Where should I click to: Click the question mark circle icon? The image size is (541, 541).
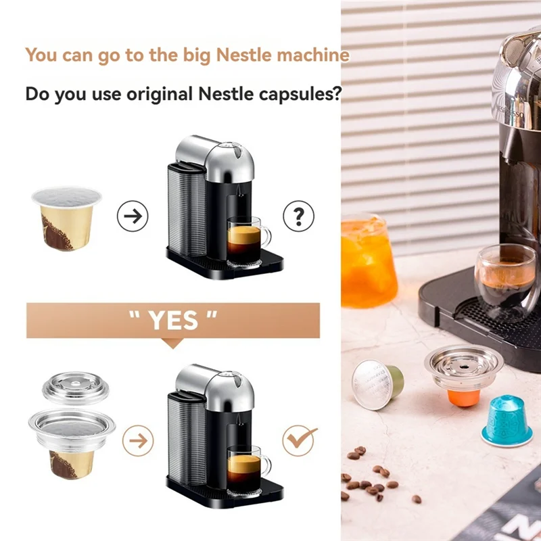click(x=298, y=216)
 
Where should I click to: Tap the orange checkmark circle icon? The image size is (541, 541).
click(x=300, y=440)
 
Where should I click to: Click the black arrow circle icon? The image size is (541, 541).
click(x=133, y=216)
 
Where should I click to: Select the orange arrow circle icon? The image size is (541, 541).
click(x=138, y=441)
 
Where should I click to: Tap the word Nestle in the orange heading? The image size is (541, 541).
click(x=239, y=55)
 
